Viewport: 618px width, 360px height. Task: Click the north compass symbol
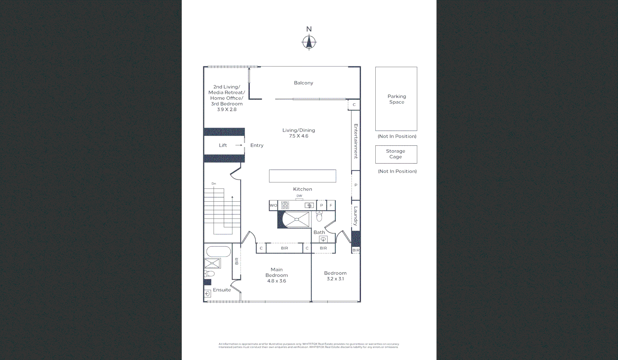[309, 42]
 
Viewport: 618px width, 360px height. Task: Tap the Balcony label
[303, 83]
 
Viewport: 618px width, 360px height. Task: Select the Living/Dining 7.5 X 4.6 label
[299, 133]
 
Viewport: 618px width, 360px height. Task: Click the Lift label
[223, 145]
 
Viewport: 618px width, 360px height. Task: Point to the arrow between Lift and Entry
[239, 145]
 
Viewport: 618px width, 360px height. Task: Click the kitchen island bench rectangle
[302, 176]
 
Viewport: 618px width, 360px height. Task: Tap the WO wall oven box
[273, 205]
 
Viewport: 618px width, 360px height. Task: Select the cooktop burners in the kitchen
[285, 205]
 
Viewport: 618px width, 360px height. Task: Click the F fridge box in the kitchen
[331, 205]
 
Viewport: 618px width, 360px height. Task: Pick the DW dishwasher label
[299, 196]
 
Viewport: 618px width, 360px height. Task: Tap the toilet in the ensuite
[209, 274]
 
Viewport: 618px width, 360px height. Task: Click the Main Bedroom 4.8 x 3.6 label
[277, 275]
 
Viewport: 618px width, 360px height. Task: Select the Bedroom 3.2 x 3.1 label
[335, 276]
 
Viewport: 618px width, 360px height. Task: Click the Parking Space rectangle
[396, 99]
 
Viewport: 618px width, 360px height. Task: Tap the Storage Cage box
[396, 154]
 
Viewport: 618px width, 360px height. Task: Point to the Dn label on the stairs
[214, 184]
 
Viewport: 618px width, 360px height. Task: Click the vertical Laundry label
[356, 216]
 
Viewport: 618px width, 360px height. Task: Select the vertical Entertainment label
[356, 141]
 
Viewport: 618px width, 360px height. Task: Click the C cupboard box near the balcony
[354, 105]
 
